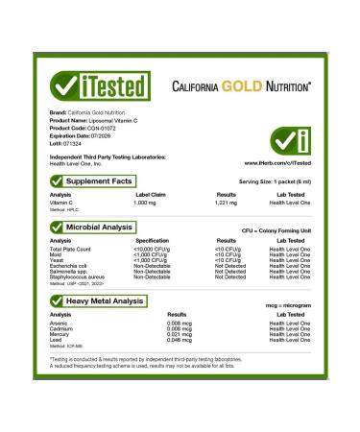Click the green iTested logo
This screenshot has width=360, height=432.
93,86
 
